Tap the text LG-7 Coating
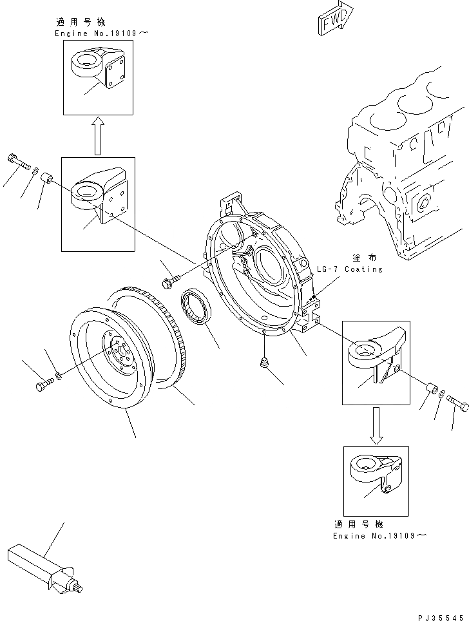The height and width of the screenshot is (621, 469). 349,269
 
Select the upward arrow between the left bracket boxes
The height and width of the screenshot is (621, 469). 97,136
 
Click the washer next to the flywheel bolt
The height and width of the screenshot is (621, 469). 59,375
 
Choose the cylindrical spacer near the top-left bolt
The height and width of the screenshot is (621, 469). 47,177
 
